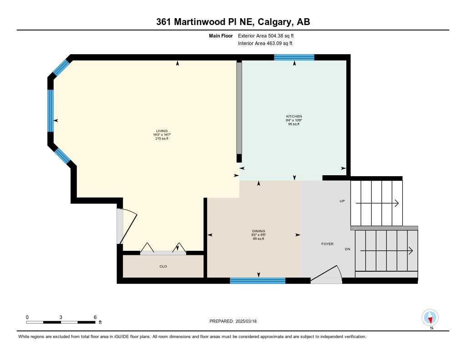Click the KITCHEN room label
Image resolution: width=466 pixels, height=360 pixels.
294,117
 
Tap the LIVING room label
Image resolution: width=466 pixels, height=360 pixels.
162,131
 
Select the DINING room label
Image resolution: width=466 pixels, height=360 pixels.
258,231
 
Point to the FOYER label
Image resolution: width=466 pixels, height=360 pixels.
327,244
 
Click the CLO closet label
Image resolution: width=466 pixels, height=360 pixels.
163,266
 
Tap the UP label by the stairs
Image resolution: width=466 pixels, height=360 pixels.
342,201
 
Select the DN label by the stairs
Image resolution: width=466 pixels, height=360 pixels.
347,249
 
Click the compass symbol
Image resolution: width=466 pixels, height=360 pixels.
430,317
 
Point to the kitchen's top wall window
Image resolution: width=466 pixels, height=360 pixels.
294,57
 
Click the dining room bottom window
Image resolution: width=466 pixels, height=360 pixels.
258,280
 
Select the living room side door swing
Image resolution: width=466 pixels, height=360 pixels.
126,226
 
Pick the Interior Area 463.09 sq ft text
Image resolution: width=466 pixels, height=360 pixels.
265,44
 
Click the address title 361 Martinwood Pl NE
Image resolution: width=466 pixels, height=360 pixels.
233,22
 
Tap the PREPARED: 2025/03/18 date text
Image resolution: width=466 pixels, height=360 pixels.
233,321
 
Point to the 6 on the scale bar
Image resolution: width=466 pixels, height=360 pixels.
95,317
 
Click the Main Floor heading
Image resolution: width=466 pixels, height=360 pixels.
221,35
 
